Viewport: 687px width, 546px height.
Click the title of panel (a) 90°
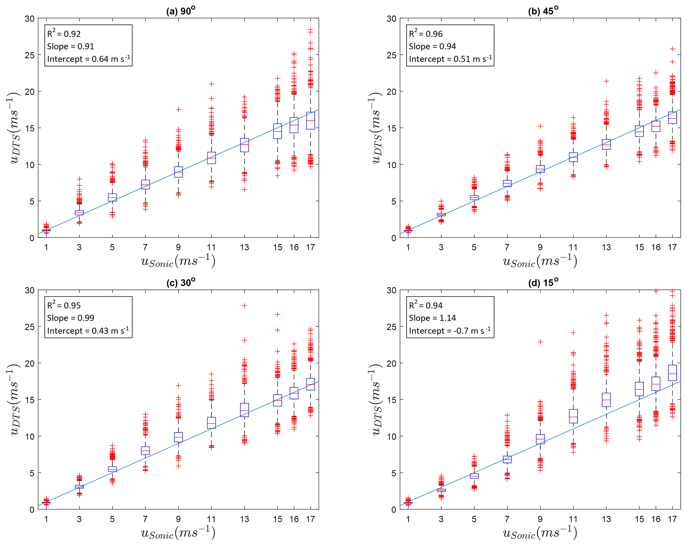tap(180, 11)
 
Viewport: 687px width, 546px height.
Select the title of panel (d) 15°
tap(543, 282)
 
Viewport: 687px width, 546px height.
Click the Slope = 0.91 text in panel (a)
tap(70, 46)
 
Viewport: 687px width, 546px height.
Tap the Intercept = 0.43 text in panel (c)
tap(88, 331)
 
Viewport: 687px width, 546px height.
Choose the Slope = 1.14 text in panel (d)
tap(432, 318)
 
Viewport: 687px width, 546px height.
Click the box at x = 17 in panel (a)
tap(310, 120)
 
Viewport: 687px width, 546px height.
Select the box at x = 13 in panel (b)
tap(606, 144)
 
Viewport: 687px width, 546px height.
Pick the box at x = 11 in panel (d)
tap(573, 416)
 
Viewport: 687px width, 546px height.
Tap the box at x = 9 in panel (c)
tap(178, 437)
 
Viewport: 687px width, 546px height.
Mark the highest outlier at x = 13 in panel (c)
tap(244, 305)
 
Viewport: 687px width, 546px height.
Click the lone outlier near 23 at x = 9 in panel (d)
tap(540, 342)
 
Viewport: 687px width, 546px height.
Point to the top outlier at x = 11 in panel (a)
tap(211, 84)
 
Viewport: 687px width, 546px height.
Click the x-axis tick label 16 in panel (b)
tap(656, 247)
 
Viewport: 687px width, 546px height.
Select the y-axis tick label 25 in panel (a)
tap(30, 55)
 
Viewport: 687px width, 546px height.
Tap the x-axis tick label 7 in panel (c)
tap(145, 519)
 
